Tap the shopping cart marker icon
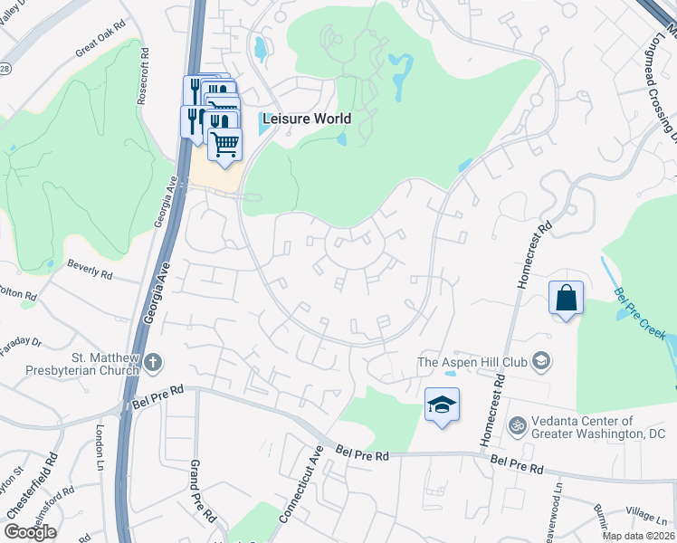click(x=224, y=144)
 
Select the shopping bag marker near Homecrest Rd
click(x=566, y=299)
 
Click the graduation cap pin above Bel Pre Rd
click(x=441, y=405)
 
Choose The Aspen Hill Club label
click(x=472, y=362)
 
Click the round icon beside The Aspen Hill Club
click(x=541, y=362)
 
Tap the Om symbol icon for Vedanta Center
click(x=517, y=423)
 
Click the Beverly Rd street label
click(x=89, y=269)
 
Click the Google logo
click(x=30, y=531)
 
